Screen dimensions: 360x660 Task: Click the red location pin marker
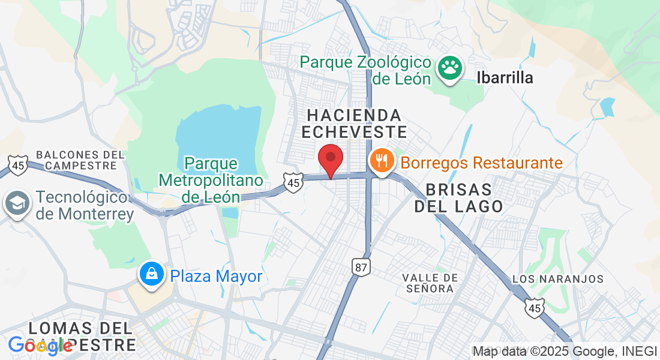tap(330, 159)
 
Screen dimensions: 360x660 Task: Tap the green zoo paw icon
tap(449, 68)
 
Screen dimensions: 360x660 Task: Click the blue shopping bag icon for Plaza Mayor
tap(152, 275)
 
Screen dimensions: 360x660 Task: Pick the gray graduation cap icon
tap(16, 204)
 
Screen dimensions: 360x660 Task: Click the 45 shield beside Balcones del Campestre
tap(19, 165)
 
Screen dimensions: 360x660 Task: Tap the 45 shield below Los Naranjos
tap(534, 308)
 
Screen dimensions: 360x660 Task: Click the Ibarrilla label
tap(505, 77)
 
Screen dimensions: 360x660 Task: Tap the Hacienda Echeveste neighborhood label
tap(354, 123)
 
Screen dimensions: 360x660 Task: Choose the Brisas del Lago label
tap(464, 198)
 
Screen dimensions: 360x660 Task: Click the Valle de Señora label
tap(431, 283)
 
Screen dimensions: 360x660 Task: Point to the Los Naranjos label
tap(558, 279)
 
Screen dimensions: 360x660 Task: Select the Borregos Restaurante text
tap(481, 163)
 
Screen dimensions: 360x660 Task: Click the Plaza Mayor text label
tap(216, 276)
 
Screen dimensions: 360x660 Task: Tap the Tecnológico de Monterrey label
tap(84, 205)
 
